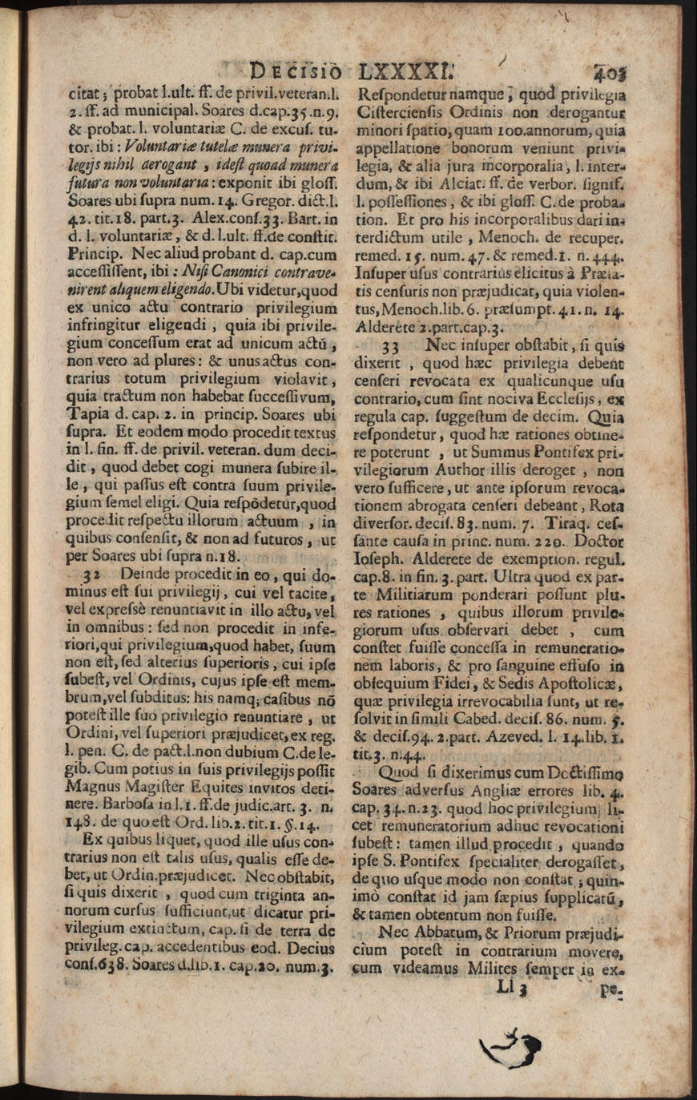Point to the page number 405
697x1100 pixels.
coord(613,71)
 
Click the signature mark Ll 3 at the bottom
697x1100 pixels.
coord(510,989)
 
